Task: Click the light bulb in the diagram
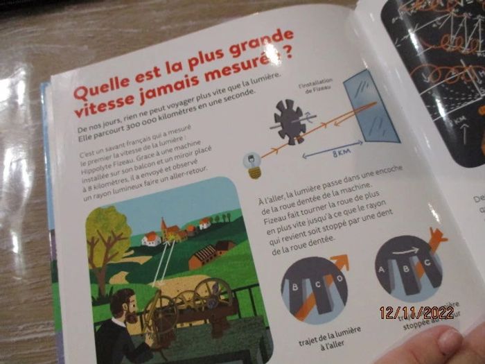252,166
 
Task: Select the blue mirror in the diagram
371,110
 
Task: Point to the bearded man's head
124,304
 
